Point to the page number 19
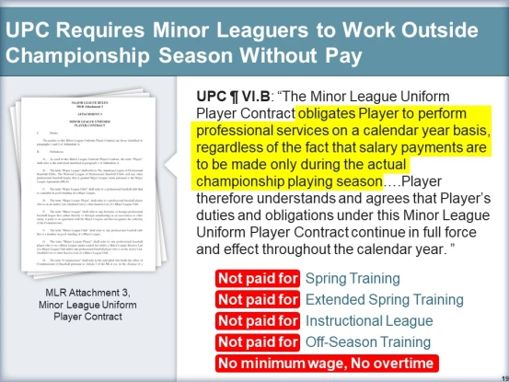(500, 376)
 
